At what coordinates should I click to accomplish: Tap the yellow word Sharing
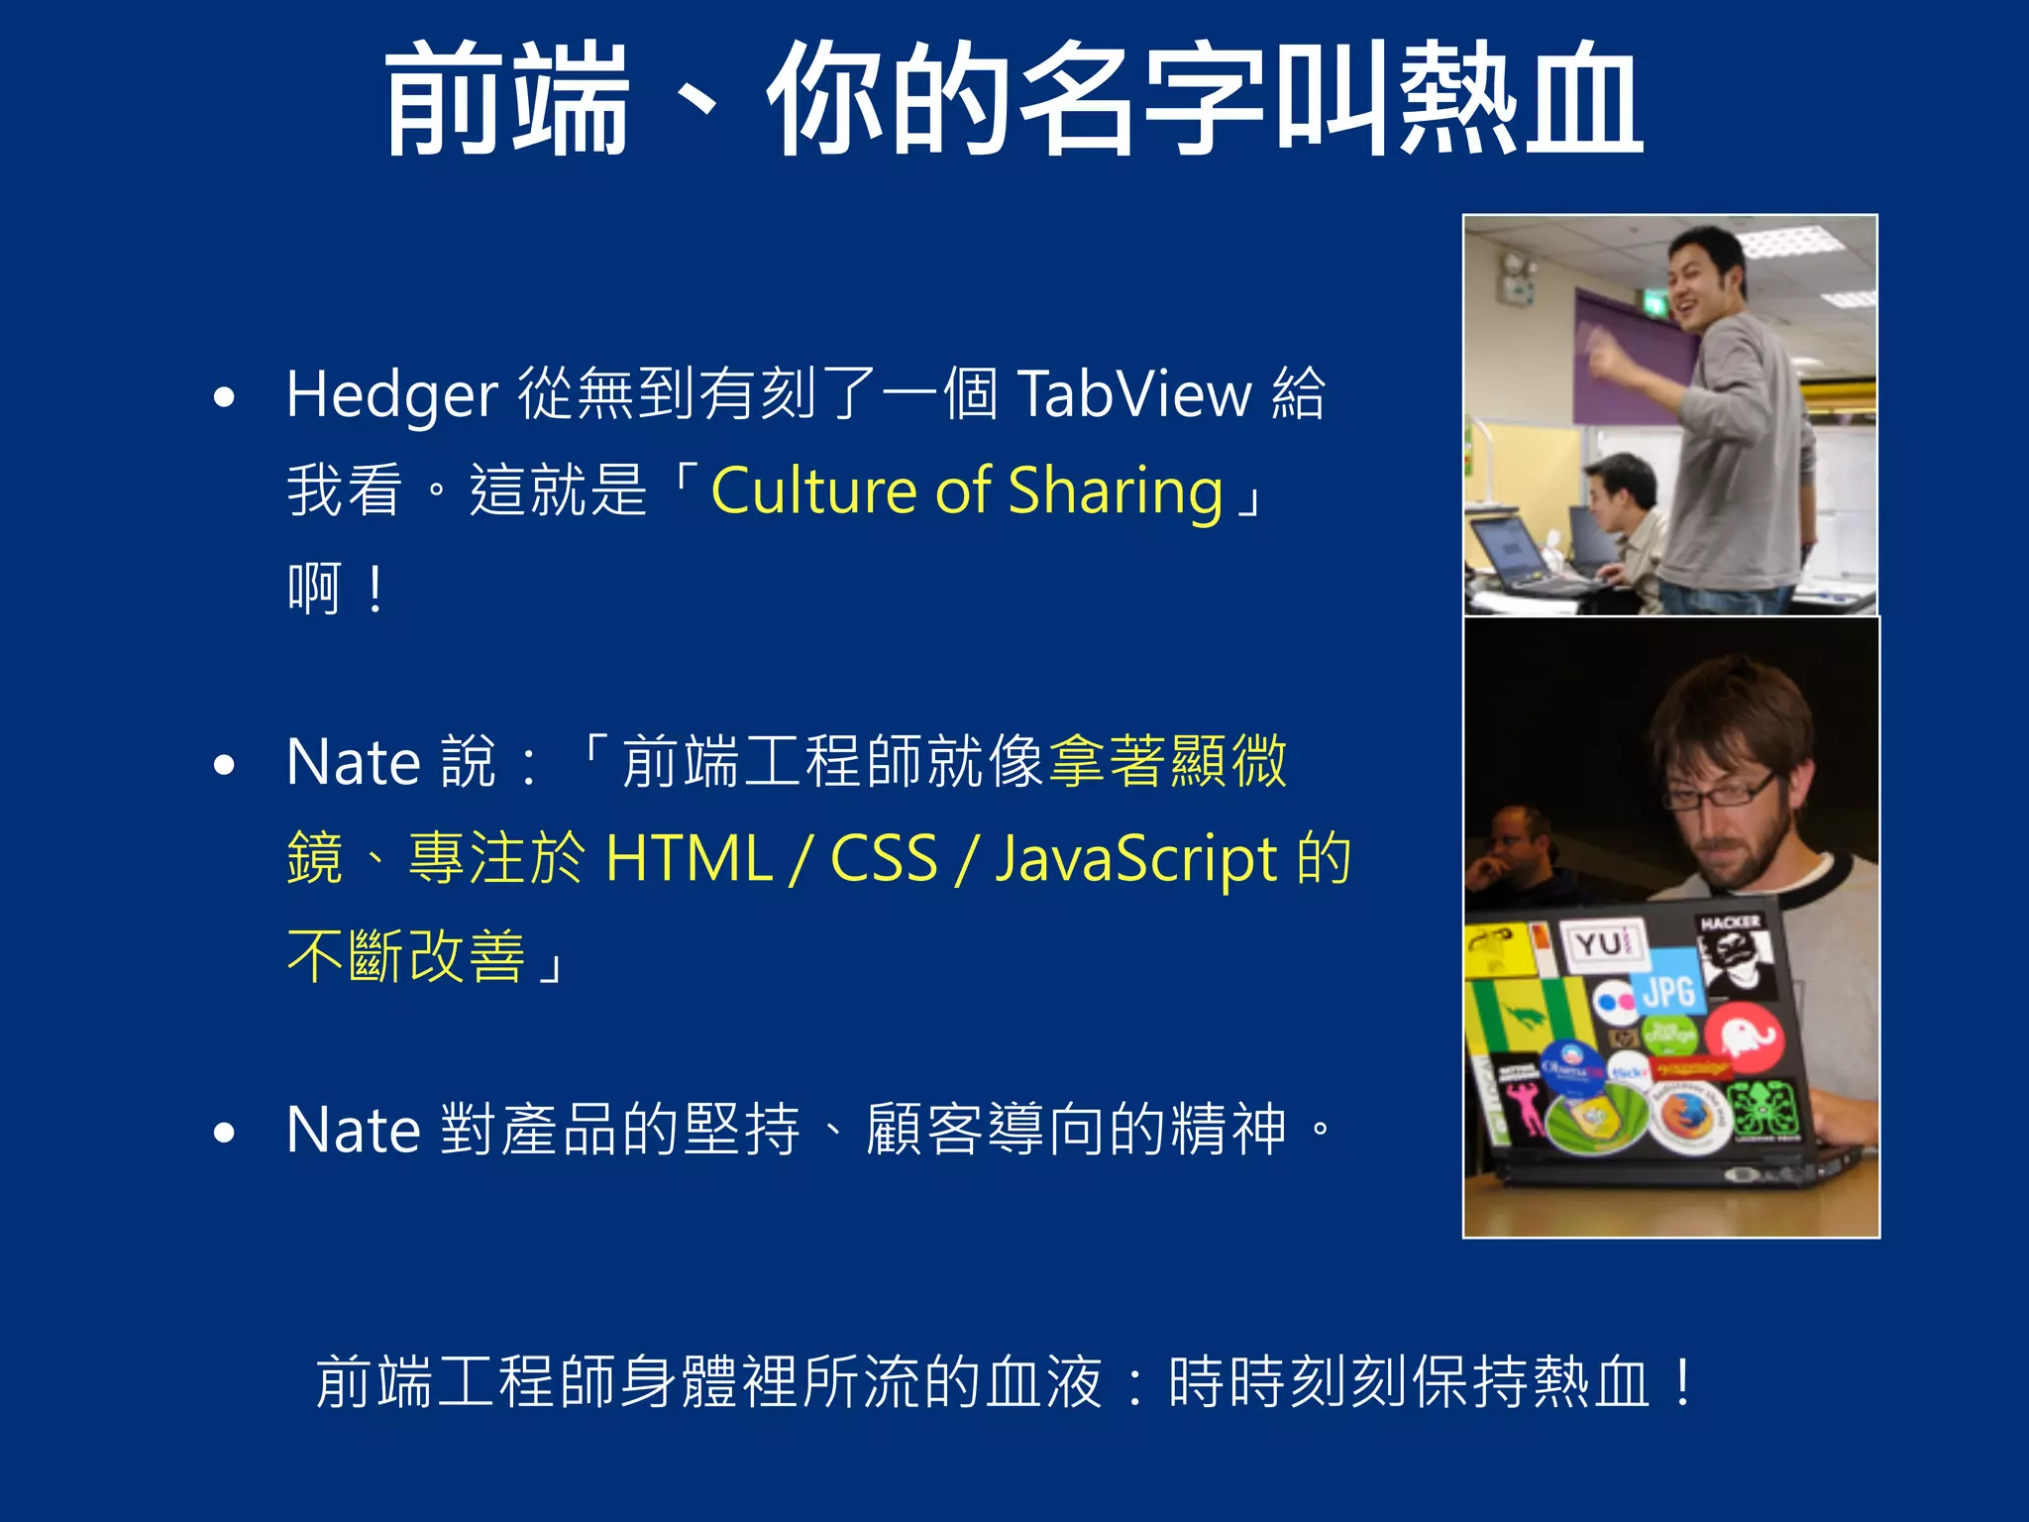(1116, 491)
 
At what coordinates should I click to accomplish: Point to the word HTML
(689, 858)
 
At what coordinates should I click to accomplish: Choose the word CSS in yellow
(884, 858)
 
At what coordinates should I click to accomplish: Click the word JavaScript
(1136, 860)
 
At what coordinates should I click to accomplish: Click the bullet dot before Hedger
(224, 398)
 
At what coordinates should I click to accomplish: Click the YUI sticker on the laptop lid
(1602, 943)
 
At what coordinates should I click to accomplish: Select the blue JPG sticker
(1670, 989)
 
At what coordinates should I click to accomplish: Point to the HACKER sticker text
(1730, 923)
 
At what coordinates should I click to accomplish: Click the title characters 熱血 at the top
(1521, 99)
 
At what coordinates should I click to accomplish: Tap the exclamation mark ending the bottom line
(1682, 1381)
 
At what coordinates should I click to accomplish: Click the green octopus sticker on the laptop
(1766, 1108)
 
